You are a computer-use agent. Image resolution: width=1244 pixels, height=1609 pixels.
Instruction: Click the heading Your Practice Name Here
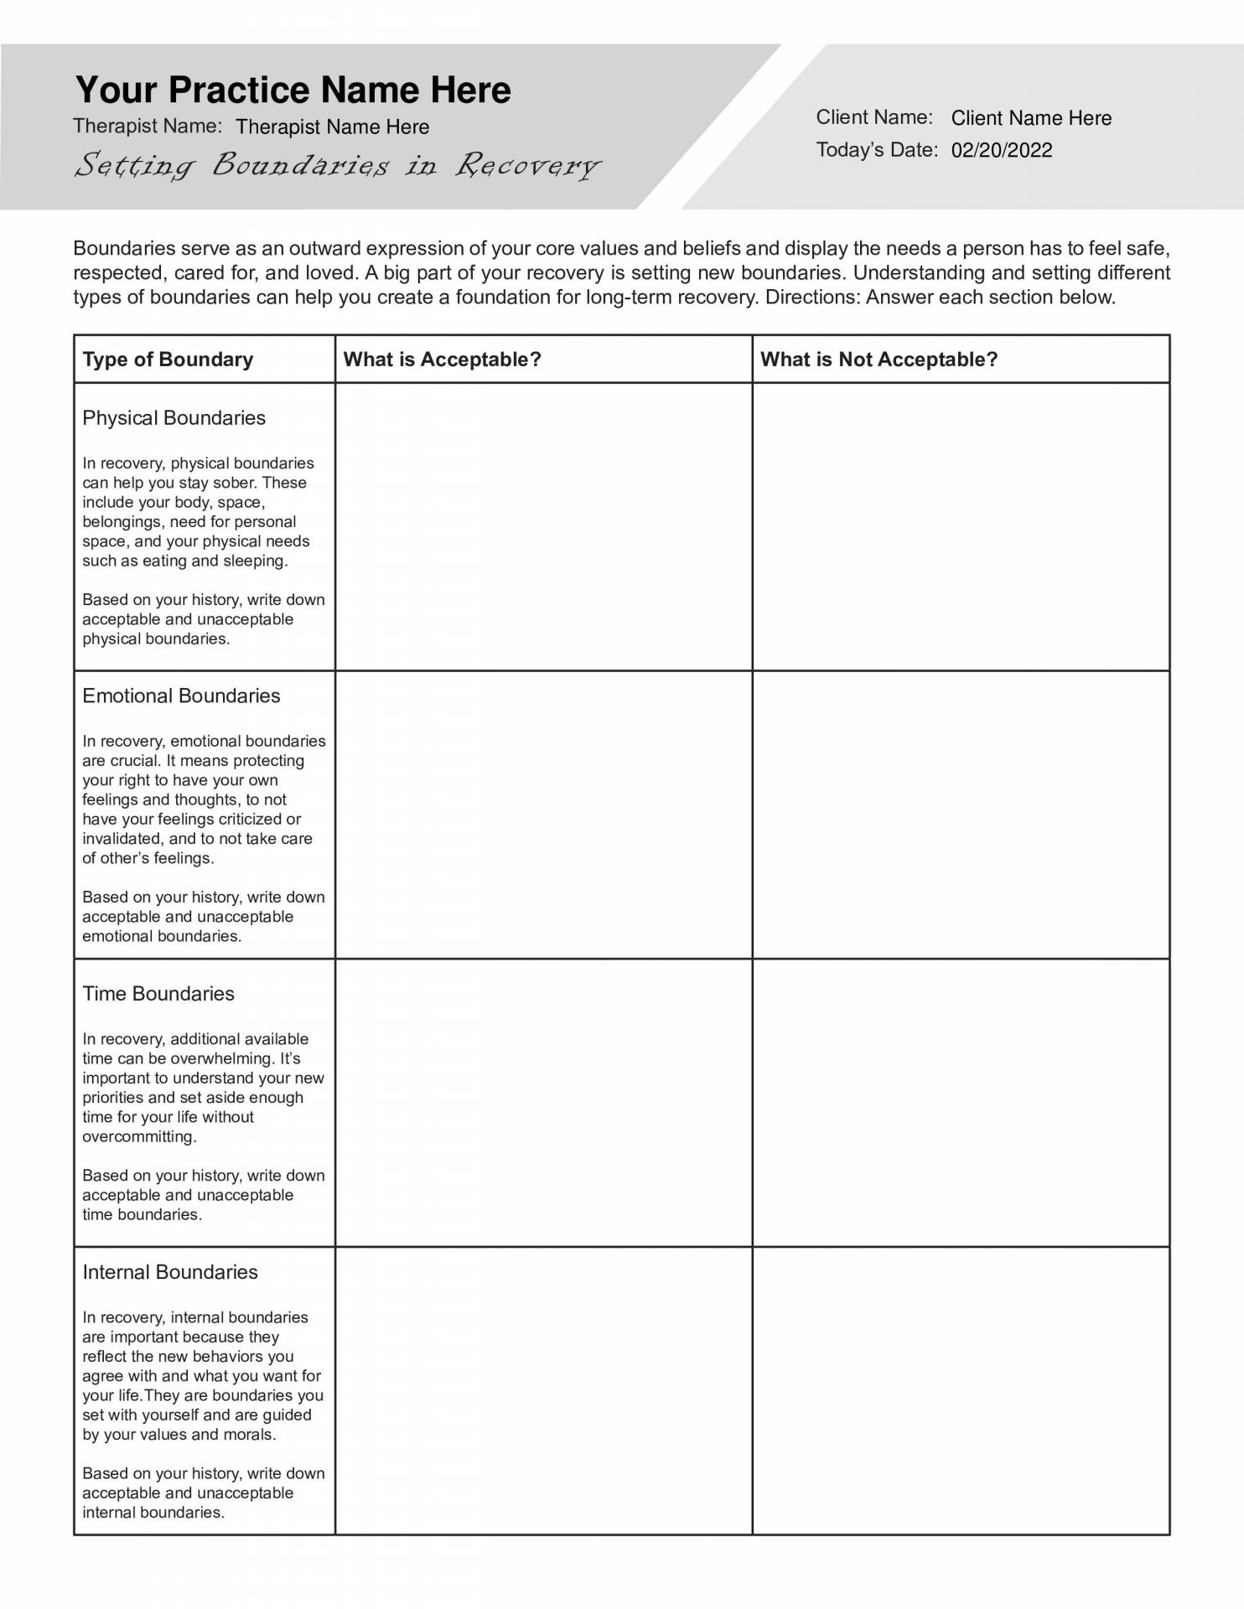coord(293,90)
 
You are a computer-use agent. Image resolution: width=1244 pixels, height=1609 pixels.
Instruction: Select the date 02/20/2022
coord(1001,150)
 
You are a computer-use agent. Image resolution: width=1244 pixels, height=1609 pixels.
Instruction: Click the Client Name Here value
coord(1030,118)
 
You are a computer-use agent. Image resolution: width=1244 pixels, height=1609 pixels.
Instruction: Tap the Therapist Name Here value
coord(332,127)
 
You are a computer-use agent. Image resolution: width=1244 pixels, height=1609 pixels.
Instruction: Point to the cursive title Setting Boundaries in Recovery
coord(338,165)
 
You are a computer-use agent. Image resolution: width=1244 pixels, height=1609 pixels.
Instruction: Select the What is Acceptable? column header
coord(442,360)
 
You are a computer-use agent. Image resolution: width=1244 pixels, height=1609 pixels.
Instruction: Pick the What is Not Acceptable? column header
coord(879,360)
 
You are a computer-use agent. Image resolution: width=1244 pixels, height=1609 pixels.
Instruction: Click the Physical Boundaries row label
coord(174,418)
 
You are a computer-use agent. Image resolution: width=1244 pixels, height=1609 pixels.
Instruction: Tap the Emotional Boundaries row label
coord(181,696)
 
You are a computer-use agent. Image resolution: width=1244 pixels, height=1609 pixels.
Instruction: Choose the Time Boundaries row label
coord(158,994)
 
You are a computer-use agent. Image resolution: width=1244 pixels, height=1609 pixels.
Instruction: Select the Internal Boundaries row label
coord(170,1272)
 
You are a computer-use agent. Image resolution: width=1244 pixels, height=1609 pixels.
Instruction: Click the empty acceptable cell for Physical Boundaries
coord(543,526)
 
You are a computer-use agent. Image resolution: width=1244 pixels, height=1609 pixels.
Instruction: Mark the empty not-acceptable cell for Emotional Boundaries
coord(961,815)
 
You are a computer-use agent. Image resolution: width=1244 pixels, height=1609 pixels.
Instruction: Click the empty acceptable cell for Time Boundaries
coord(543,1102)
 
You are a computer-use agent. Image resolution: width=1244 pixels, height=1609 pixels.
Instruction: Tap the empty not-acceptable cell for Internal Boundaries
coord(961,1390)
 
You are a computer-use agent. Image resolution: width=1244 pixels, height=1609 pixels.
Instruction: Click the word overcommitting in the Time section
coord(138,1137)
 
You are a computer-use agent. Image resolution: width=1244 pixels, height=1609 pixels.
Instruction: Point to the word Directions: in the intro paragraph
coord(812,297)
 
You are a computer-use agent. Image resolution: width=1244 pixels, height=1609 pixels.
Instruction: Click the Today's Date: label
coord(877,150)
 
